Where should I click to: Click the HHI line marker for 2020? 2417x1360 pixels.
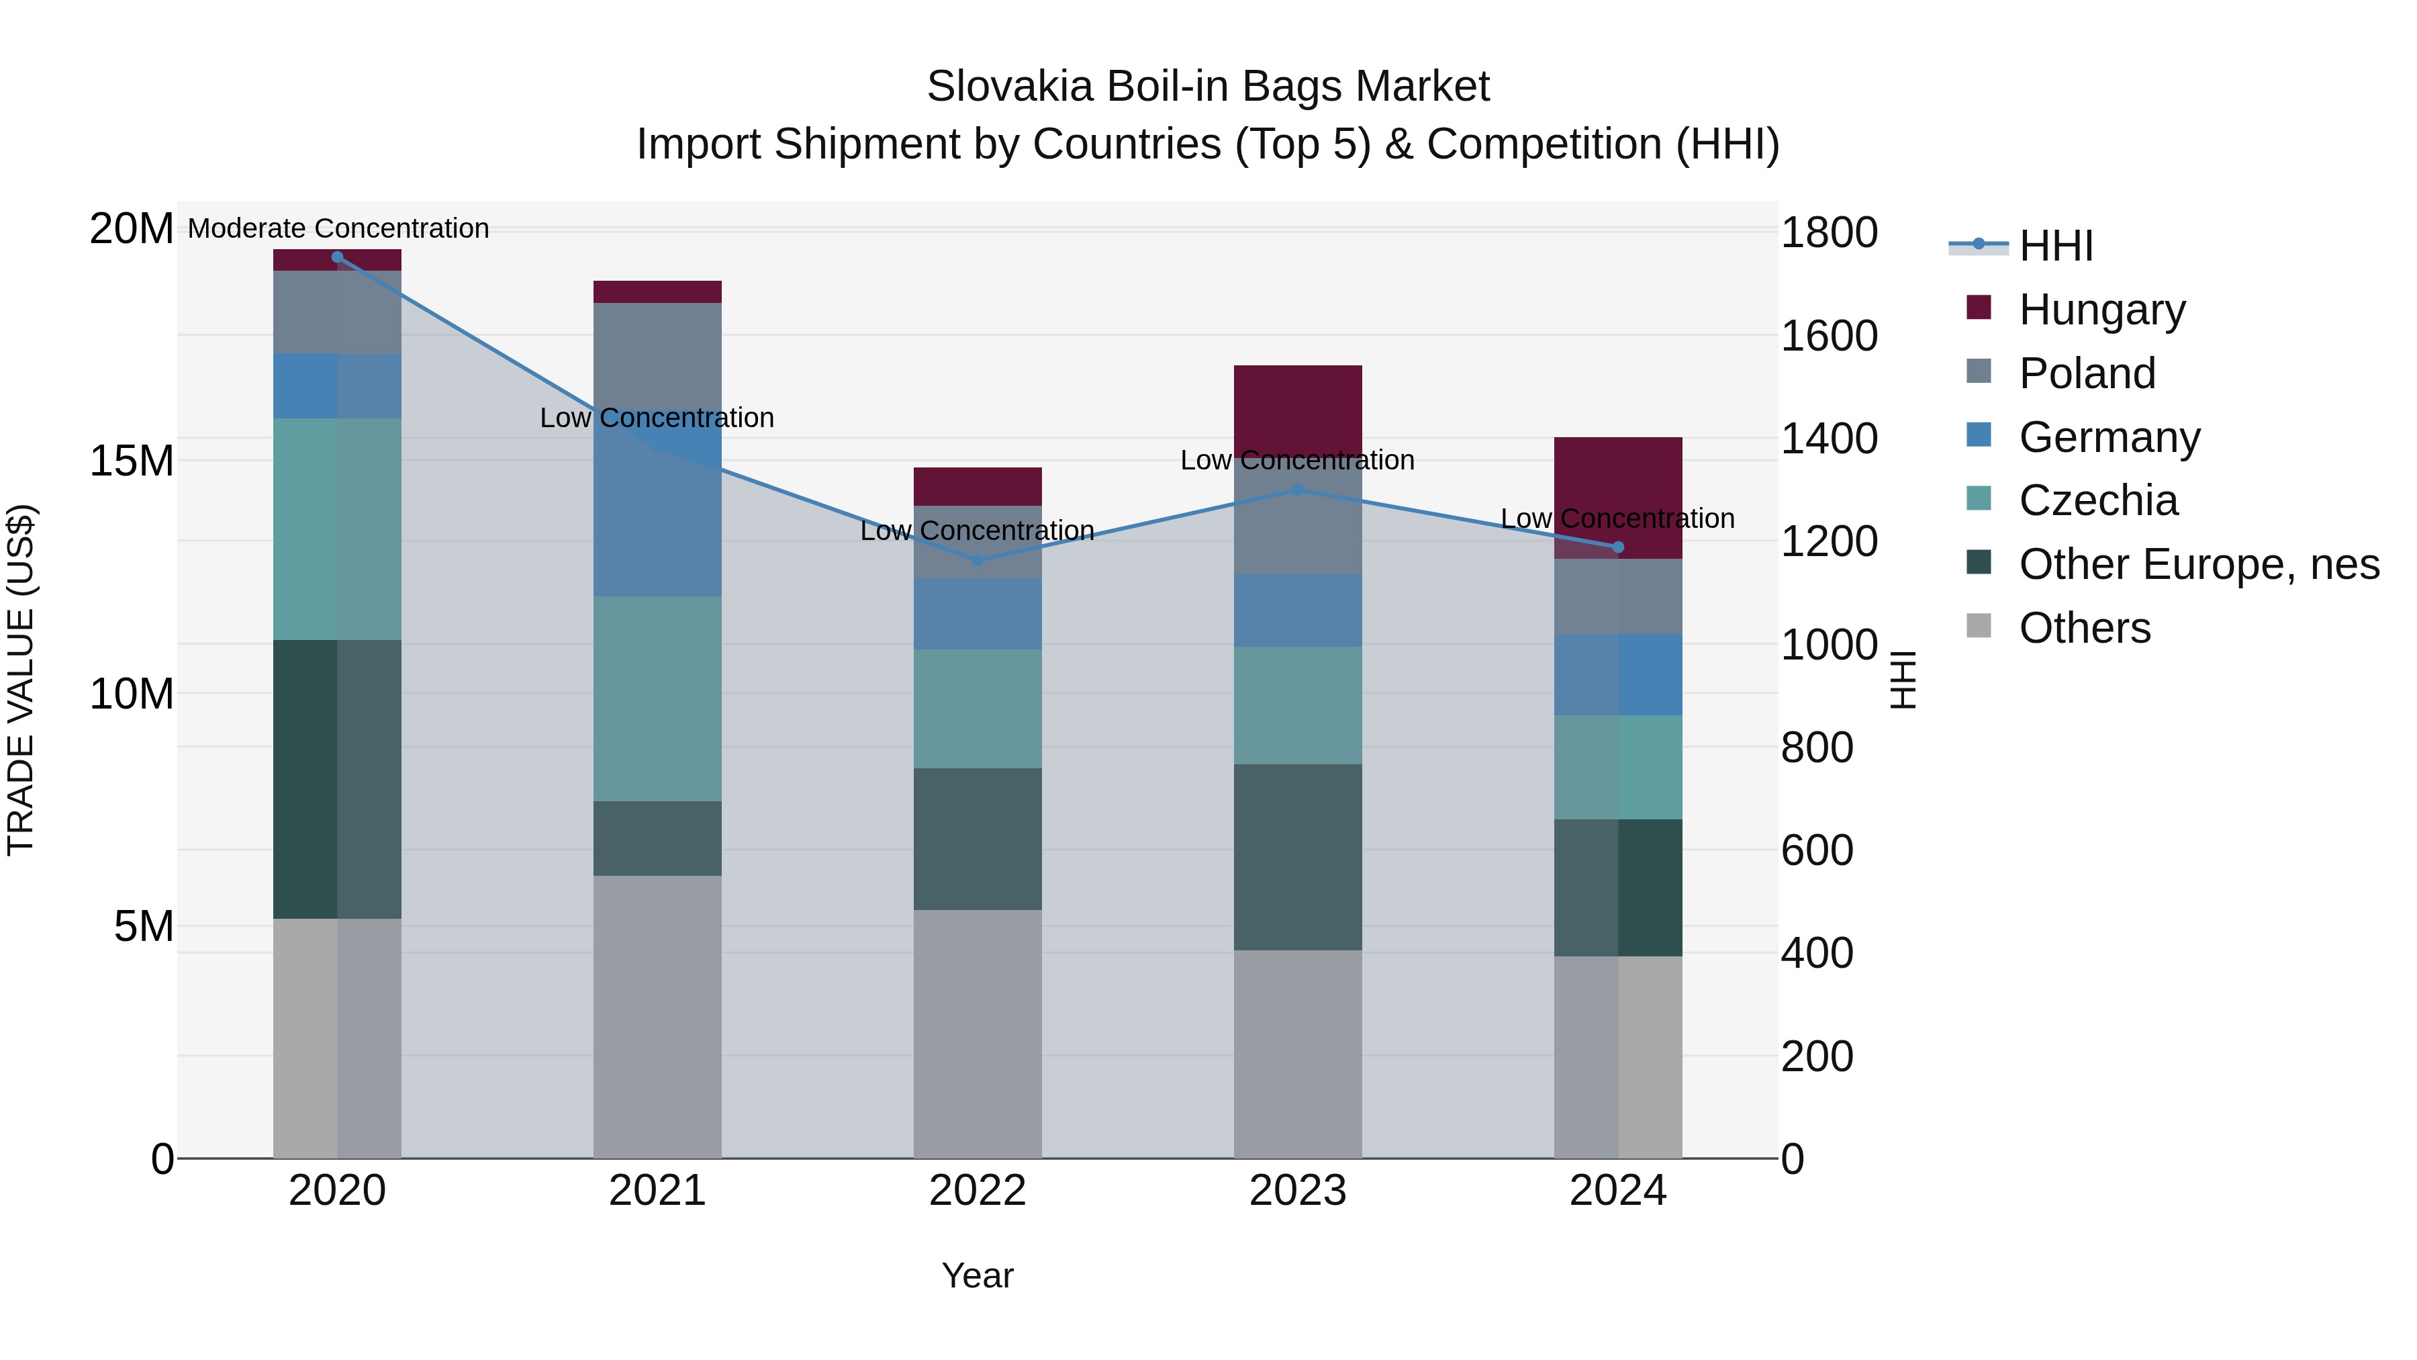click(x=337, y=257)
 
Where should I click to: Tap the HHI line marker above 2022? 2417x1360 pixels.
click(x=978, y=560)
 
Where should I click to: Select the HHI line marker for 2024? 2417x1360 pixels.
click(x=1617, y=547)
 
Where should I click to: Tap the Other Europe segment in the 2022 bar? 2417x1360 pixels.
click(x=978, y=838)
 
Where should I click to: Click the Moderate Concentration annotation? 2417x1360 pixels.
click(x=338, y=228)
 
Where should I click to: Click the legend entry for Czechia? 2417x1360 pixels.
click(x=2098, y=500)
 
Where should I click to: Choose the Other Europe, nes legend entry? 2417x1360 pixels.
click(x=2198, y=564)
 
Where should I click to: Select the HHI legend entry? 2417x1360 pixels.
click(x=2055, y=246)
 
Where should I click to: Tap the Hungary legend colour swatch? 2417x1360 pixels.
click(x=1979, y=308)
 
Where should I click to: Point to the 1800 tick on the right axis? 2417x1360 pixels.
click(x=1829, y=233)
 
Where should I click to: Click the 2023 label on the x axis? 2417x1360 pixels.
click(x=1298, y=1191)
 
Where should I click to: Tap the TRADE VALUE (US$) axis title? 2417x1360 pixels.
click(x=21, y=680)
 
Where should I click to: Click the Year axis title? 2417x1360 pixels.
click(x=978, y=1275)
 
